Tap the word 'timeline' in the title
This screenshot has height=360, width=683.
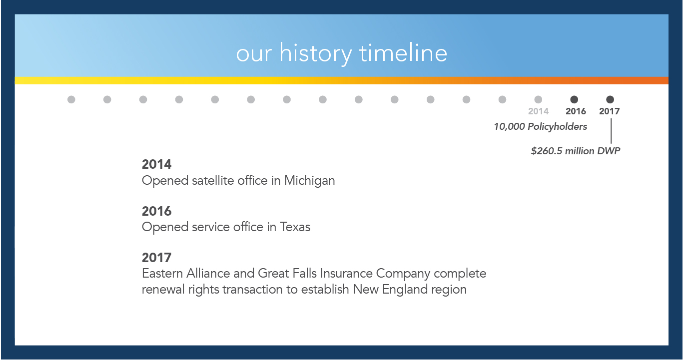coord(403,52)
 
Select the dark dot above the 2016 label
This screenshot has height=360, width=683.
coord(574,99)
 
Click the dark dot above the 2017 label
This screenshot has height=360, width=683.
coord(610,99)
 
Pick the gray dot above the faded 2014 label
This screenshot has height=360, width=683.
coord(538,99)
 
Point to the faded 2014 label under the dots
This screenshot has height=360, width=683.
coord(539,111)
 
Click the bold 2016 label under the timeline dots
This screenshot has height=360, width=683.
coord(576,111)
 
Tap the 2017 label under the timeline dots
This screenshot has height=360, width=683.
coord(609,111)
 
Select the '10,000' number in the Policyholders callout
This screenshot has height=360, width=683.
coord(509,126)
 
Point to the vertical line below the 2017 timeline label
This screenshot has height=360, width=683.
coord(611,131)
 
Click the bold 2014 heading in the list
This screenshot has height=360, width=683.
coord(157,164)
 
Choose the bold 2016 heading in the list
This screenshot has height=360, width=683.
coord(157,211)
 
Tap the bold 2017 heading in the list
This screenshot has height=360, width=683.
coord(157,258)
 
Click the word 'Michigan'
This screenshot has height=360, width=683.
coord(309,181)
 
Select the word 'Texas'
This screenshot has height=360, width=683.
coord(295,227)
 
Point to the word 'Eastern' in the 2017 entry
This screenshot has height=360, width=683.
coord(162,274)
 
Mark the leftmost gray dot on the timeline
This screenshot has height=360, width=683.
coord(71,99)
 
